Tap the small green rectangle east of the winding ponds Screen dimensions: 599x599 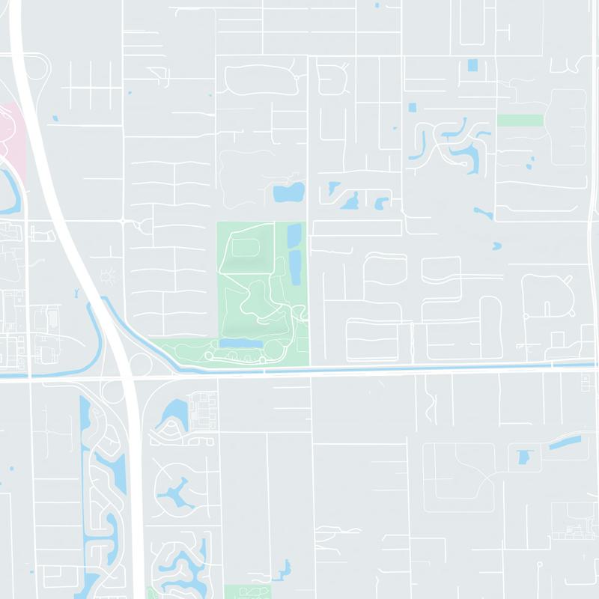point(520,120)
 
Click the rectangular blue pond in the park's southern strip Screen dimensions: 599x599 point(241,342)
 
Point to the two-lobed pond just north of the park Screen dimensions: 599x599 point(288,193)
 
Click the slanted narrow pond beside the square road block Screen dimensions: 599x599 point(563,442)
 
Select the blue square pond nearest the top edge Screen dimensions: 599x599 point(472,65)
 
